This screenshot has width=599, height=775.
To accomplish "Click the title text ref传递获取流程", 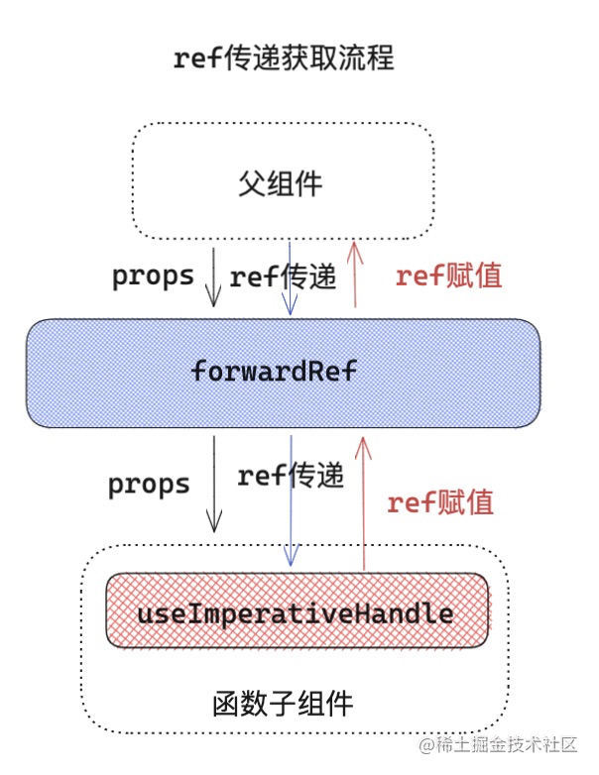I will coord(284,58).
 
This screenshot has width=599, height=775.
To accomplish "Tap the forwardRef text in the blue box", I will coord(273,372).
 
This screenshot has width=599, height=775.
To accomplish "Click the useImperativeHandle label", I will coord(296,613).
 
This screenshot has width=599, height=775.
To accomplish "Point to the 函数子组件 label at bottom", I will coord(283,705).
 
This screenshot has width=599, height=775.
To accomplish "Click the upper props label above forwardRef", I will coord(153,276).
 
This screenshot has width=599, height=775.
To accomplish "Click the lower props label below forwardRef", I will coord(149,485).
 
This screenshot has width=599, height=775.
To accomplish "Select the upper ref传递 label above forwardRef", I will coord(283,277).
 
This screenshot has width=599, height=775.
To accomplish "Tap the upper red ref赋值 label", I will coord(448,277).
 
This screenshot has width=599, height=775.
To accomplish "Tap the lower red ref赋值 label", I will coord(440,502).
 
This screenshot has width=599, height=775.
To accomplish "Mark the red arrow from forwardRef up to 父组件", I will coord(357,277).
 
